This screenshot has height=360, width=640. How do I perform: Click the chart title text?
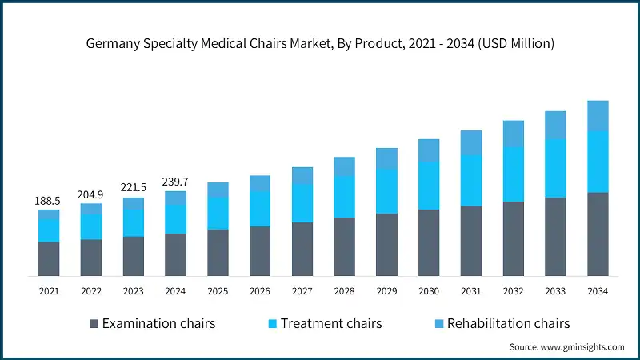320,44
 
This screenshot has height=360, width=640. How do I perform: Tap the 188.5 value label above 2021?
49,201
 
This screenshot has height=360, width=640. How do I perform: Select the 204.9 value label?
91,194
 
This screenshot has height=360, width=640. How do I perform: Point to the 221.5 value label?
134,188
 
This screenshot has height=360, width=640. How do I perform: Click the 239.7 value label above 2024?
175,182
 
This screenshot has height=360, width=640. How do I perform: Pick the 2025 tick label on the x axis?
218,292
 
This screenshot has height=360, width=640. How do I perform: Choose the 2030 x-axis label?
429,292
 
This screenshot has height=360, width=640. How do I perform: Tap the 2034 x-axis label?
598,292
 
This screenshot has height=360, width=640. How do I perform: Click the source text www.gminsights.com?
566,347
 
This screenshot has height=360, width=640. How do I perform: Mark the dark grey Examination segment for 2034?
598,234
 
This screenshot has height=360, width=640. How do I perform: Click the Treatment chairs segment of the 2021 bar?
49,230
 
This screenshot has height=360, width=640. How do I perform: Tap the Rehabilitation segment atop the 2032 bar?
513,134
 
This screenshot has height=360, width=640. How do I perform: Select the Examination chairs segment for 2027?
302,249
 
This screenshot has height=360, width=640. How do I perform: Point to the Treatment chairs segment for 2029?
386,191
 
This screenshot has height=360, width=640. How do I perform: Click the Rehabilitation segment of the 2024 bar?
175,198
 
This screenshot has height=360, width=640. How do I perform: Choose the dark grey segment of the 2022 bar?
91,258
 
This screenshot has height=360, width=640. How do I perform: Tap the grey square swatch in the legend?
94,324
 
